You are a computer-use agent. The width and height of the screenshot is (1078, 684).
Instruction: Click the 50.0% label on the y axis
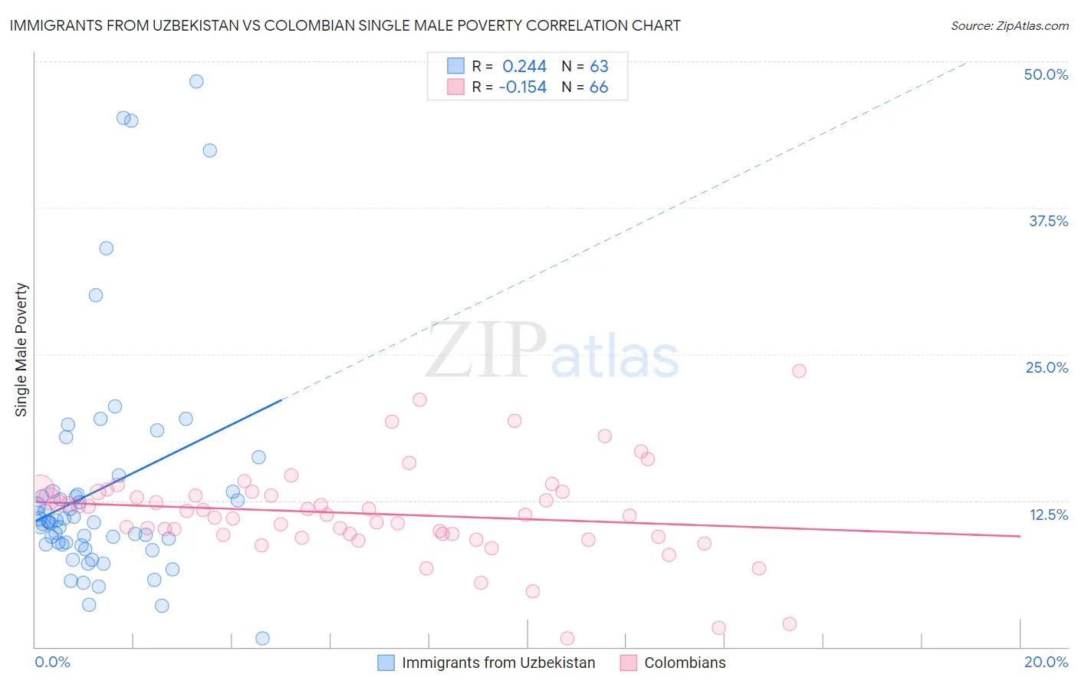click(x=1046, y=74)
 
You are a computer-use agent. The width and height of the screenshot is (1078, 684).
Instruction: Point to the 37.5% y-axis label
click(x=1048, y=221)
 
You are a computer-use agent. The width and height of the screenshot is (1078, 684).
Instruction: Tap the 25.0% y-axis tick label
click(x=1047, y=367)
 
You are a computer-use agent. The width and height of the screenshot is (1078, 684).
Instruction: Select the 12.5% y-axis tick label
click(x=1048, y=515)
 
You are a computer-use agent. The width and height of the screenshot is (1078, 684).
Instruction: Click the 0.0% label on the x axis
click(x=52, y=662)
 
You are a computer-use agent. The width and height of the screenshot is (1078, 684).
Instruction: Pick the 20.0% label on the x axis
click(x=1046, y=662)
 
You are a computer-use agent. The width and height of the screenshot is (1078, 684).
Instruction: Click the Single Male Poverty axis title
click(x=21, y=350)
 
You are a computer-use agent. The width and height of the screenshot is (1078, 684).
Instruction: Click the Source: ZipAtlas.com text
click(x=1009, y=26)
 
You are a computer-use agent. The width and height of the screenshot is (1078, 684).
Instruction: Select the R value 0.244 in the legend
click(x=524, y=66)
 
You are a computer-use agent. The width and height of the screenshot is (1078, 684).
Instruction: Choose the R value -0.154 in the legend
click(x=522, y=87)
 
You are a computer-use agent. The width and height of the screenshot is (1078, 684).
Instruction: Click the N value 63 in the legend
click(x=599, y=66)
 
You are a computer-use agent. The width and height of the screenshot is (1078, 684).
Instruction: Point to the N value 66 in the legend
click(x=599, y=87)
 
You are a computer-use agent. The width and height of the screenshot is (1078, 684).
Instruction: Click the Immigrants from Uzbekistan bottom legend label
click(x=498, y=663)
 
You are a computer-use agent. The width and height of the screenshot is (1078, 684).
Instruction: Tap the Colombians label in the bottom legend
click(x=685, y=663)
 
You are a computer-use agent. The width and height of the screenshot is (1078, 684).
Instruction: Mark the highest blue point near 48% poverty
click(x=196, y=81)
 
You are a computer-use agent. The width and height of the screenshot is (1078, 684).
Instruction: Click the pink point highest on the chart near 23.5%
click(x=799, y=371)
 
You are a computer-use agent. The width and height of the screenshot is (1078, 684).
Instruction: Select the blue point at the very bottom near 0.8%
click(x=262, y=638)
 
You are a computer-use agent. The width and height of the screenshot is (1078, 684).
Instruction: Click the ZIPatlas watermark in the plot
click(x=552, y=351)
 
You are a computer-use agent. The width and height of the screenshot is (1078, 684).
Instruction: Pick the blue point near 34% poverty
click(x=107, y=248)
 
